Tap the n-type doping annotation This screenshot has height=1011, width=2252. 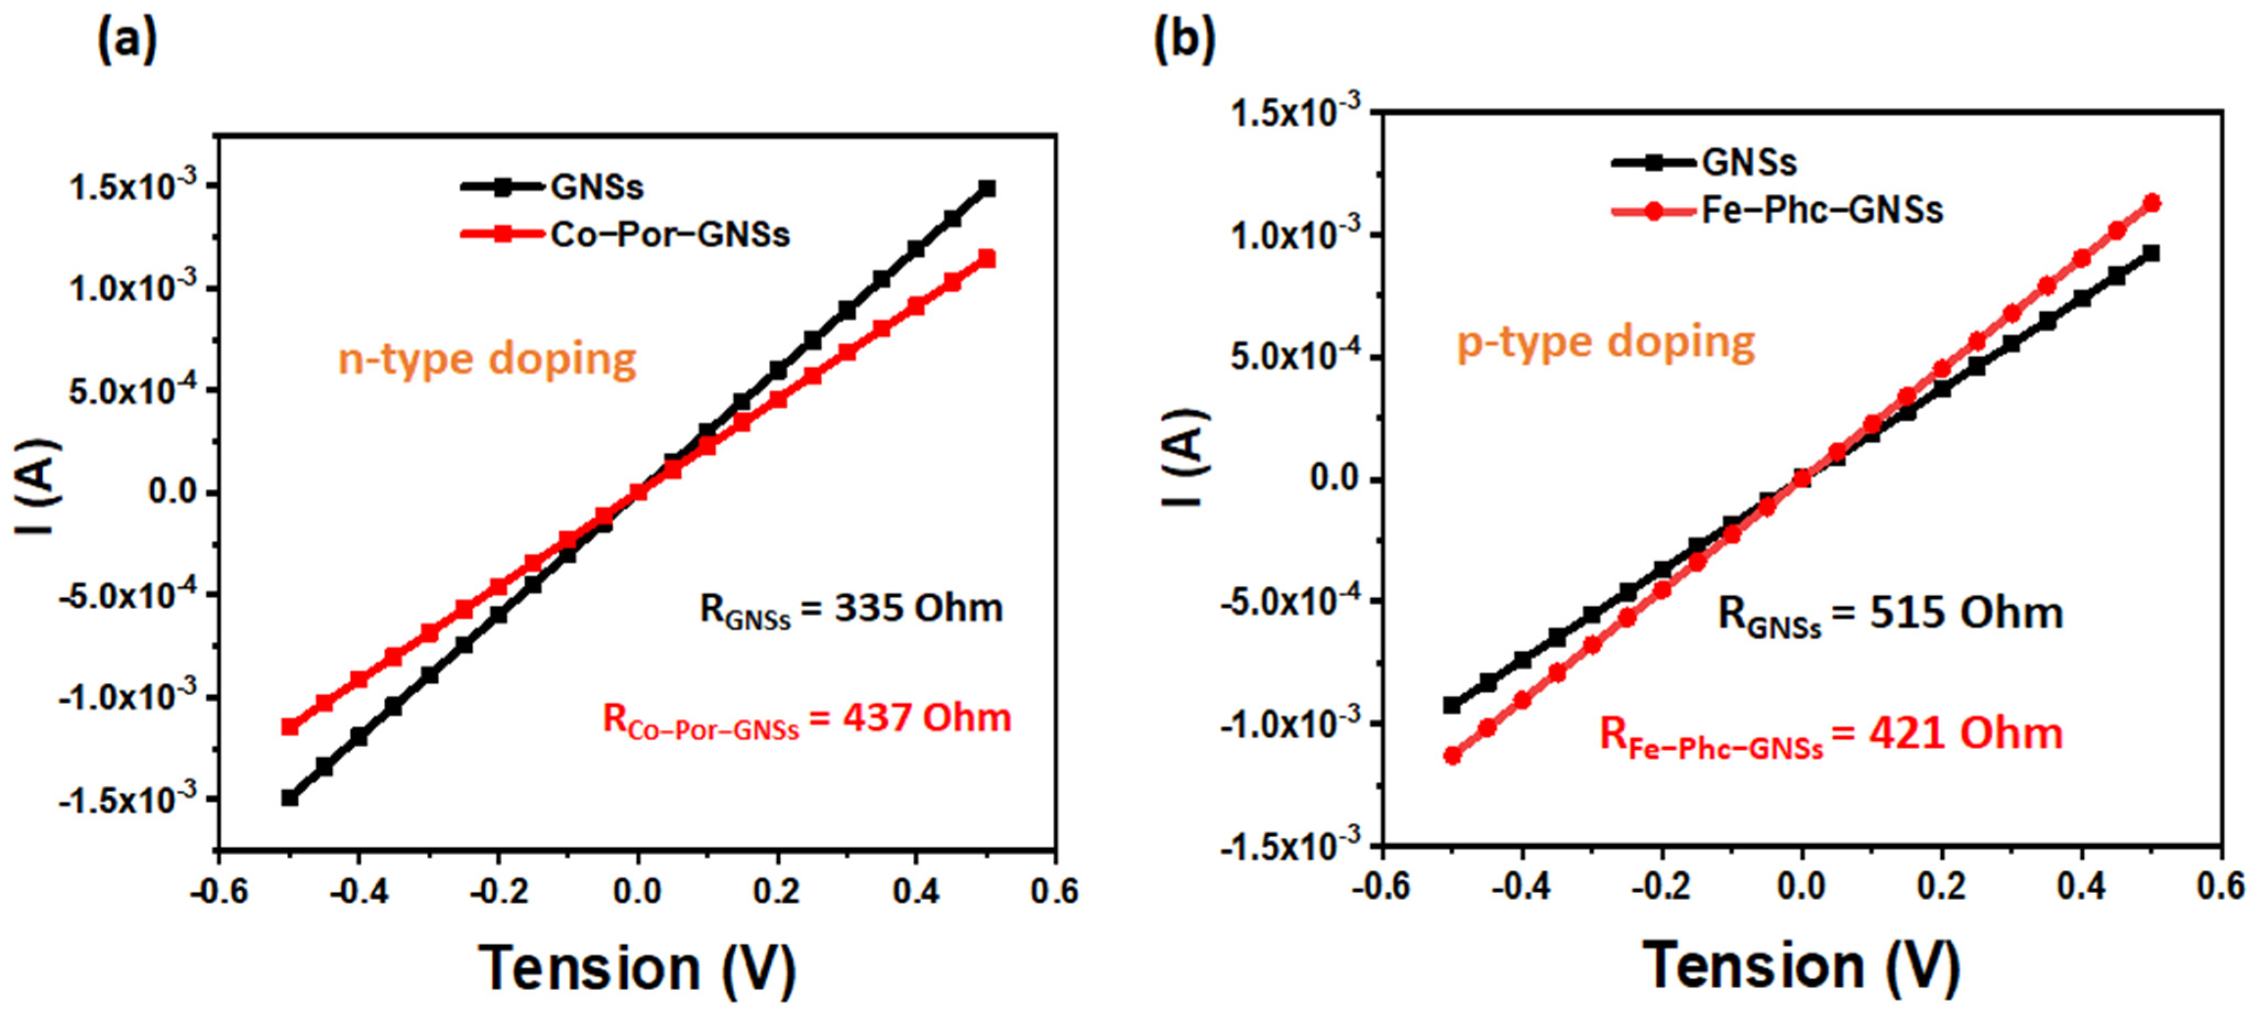[x=487, y=359]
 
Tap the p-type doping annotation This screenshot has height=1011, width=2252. [x=1605, y=342]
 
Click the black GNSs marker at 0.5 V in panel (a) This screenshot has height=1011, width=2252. [x=987, y=189]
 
